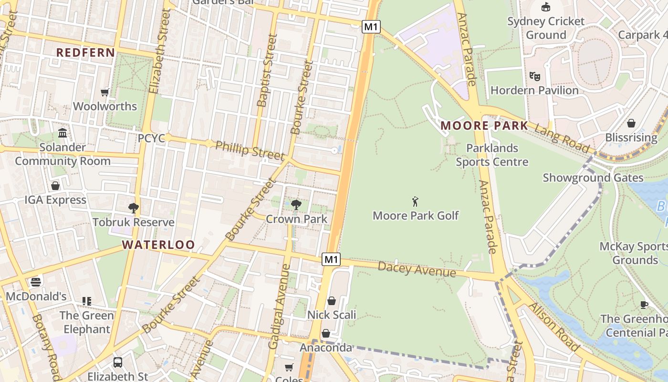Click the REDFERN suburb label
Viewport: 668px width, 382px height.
pyautogui.click(x=86, y=53)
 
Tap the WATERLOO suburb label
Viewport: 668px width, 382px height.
pyautogui.click(x=158, y=245)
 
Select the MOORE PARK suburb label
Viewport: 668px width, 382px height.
pyautogui.click(x=484, y=126)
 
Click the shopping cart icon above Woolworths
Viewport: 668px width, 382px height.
pyautogui.click(x=105, y=92)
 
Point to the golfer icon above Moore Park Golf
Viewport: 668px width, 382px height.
pyautogui.click(x=415, y=201)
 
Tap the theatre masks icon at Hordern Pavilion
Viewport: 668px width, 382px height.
pyautogui.click(x=534, y=76)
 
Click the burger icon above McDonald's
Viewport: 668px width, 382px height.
pyautogui.click(x=36, y=282)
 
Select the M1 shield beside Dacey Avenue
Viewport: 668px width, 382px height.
pyautogui.click(x=331, y=260)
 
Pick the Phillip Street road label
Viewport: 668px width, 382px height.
pyautogui.click(x=250, y=150)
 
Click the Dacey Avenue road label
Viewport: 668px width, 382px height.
pyautogui.click(x=417, y=269)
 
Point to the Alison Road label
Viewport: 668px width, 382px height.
pyautogui.click(x=553, y=327)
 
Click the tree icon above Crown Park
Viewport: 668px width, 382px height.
pyautogui.click(x=296, y=205)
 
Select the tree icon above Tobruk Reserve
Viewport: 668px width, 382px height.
pyautogui.click(x=134, y=208)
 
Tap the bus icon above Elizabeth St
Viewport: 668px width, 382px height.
pyautogui.click(x=118, y=362)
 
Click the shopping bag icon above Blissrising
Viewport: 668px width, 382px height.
pyautogui.click(x=631, y=123)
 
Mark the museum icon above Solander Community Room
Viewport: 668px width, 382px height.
pyautogui.click(x=63, y=133)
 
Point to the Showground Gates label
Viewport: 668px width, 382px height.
pyautogui.click(x=593, y=178)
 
